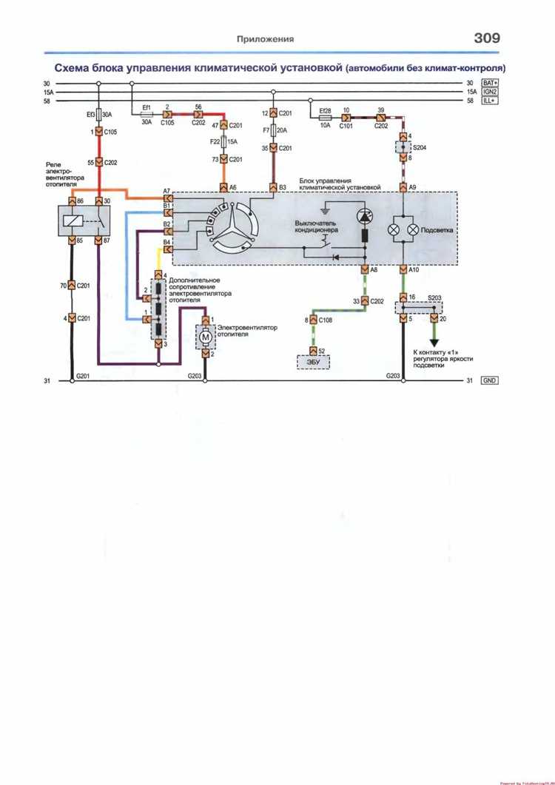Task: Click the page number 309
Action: coord(482,38)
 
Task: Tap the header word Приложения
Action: coord(265,39)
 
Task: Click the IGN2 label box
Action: coord(491,92)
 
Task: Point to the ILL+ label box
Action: coord(490,101)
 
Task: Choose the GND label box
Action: coord(490,380)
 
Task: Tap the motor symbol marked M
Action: coord(205,337)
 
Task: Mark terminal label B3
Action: coord(282,188)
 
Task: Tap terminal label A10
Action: coord(414,270)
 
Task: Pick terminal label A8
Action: coord(374,270)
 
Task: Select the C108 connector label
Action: coord(326,320)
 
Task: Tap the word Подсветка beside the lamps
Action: coord(437,230)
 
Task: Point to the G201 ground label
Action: coord(83,376)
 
